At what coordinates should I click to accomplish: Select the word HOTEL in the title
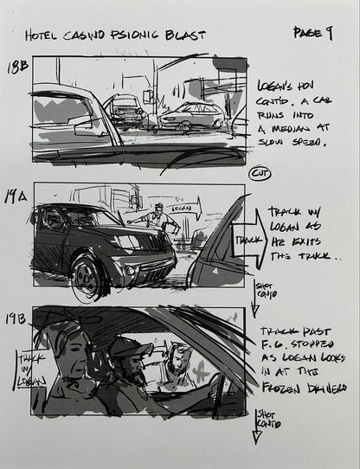coord(44,36)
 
